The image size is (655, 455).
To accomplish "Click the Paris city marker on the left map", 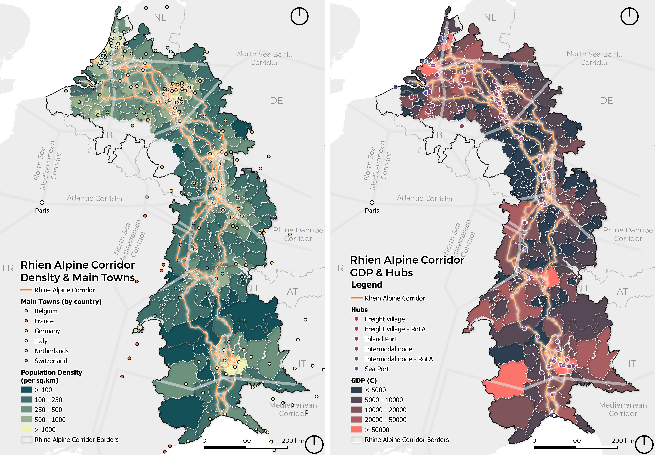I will click(x=42, y=202).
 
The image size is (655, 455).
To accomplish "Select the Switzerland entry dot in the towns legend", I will click(x=26, y=361).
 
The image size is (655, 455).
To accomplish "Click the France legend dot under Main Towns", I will click(x=26, y=321).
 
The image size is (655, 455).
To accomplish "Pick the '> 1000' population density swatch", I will click(x=26, y=429).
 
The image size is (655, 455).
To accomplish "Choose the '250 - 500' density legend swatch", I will click(x=26, y=409).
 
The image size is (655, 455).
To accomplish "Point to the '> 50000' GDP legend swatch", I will click(x=356, y=429).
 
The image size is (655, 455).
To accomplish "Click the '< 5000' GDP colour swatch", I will click(x=356, y=390).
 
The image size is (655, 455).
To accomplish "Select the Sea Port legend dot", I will click(x=356, y=369).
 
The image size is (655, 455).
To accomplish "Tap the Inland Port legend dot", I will click(x=356, y=339).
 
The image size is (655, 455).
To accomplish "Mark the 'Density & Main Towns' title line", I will click(x=78, y=277).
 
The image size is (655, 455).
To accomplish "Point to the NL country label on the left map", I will click(x=160, y=18).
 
